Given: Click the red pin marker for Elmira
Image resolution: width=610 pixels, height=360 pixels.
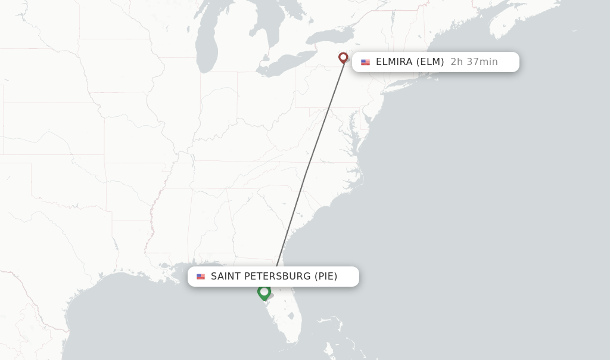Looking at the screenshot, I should point(343,57).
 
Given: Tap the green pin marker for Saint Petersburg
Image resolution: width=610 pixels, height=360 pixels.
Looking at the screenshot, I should point(264,291).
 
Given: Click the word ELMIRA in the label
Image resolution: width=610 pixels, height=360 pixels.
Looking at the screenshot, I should point(394,62).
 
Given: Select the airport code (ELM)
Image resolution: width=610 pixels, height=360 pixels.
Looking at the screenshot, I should point(430,62).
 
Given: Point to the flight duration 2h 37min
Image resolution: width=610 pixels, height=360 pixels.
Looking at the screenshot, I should point(474,62).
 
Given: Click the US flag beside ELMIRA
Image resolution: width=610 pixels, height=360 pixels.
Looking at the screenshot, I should point(365,62).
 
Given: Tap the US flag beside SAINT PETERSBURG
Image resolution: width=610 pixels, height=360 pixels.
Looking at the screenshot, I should point(201,277).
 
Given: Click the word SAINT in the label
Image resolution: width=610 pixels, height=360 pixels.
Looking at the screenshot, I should point(225,277).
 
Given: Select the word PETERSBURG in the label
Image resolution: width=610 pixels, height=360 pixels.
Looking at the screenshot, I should point(277,277).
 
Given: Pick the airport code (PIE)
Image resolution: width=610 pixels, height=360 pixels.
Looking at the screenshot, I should point(326,277).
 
